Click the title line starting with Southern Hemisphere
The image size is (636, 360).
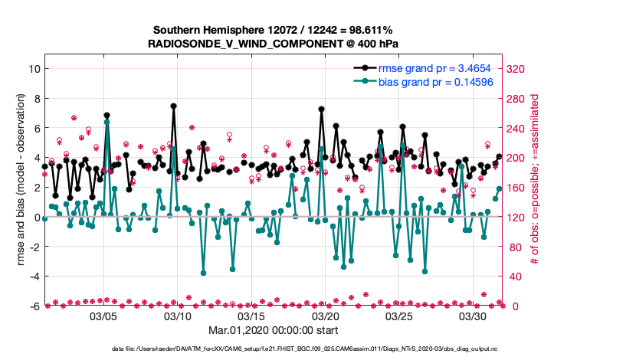pyautogui.click(x=273, y=29)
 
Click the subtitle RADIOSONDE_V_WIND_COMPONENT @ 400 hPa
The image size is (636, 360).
pyautogui.click(x=273, y=44)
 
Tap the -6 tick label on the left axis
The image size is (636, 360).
pyautogui.click(x=33, y=306)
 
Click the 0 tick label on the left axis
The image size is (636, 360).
pyautogui.click(x=35, y=218)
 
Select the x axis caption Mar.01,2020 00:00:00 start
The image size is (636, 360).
pyautogui.click(x=273, y=332)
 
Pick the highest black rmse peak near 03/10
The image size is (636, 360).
pyautogui.click(x=174, y=106)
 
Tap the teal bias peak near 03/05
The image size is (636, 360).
pyautogui.click(x=107, y=122)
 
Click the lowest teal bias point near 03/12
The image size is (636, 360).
pyautogui.click(x=204, y=273)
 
